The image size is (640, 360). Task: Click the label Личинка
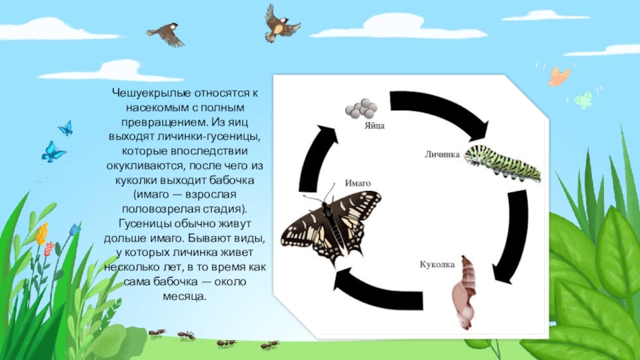442,155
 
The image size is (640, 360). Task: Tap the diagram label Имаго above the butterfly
357,183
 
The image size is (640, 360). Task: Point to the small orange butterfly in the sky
558,76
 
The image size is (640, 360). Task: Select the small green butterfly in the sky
584,100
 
